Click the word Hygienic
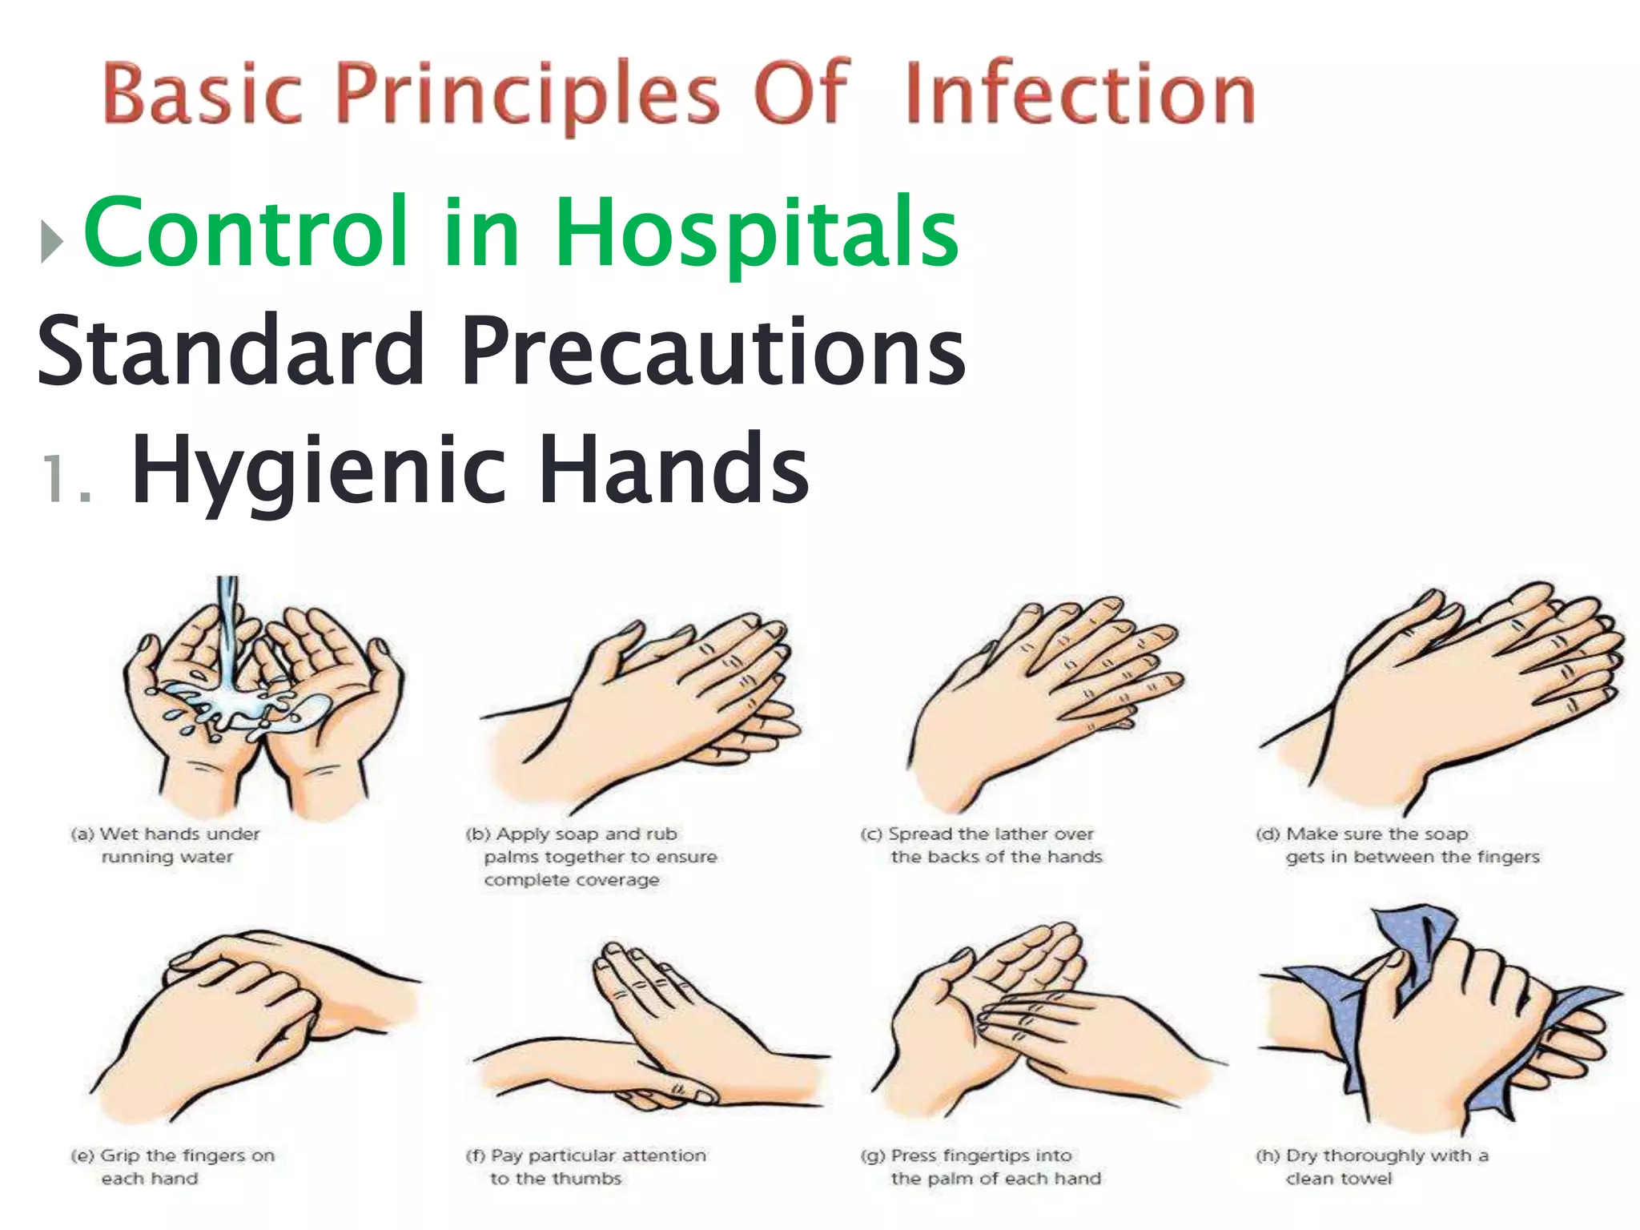coord(320,471)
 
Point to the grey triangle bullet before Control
coord(51,241)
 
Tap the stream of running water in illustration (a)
coord(230,633)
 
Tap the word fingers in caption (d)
coord(1508,858)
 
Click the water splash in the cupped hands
coord(240,713)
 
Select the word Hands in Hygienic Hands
coord(673,471)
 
